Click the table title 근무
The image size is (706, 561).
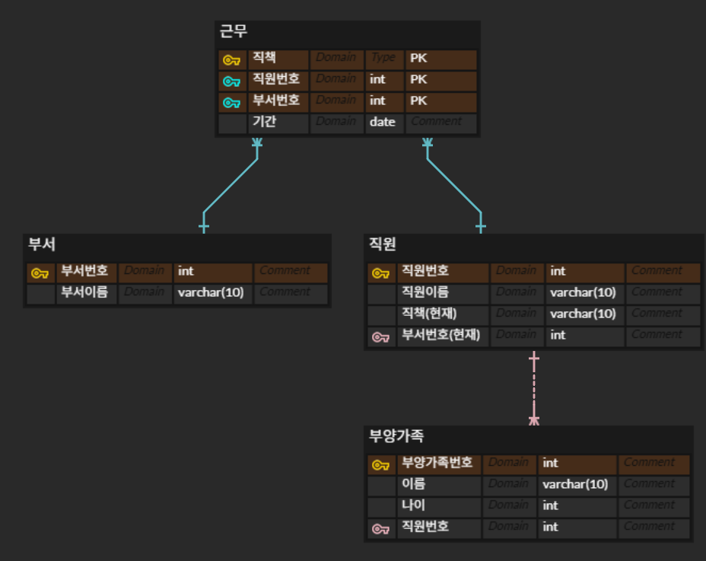234,32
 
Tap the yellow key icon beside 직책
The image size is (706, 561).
231,60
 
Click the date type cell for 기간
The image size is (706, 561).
383,122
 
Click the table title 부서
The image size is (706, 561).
42,245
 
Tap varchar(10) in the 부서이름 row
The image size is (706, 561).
211,292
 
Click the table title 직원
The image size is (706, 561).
383,245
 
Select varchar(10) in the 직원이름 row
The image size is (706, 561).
583,292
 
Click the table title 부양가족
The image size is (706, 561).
396,437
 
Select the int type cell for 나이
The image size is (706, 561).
550,505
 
